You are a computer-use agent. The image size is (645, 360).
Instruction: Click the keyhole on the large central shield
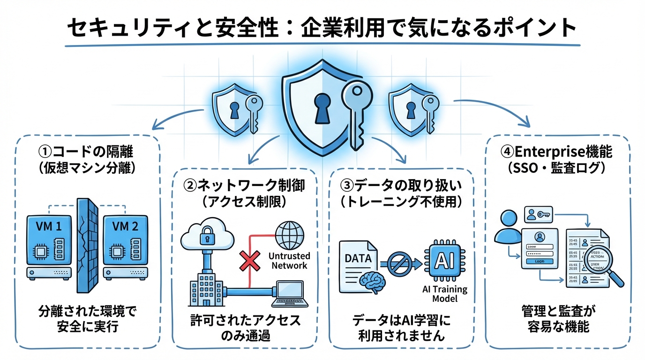pos(322,107)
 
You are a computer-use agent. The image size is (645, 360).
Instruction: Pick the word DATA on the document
pos(358,258)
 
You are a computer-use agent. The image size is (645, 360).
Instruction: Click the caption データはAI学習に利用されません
pos(401,329)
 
